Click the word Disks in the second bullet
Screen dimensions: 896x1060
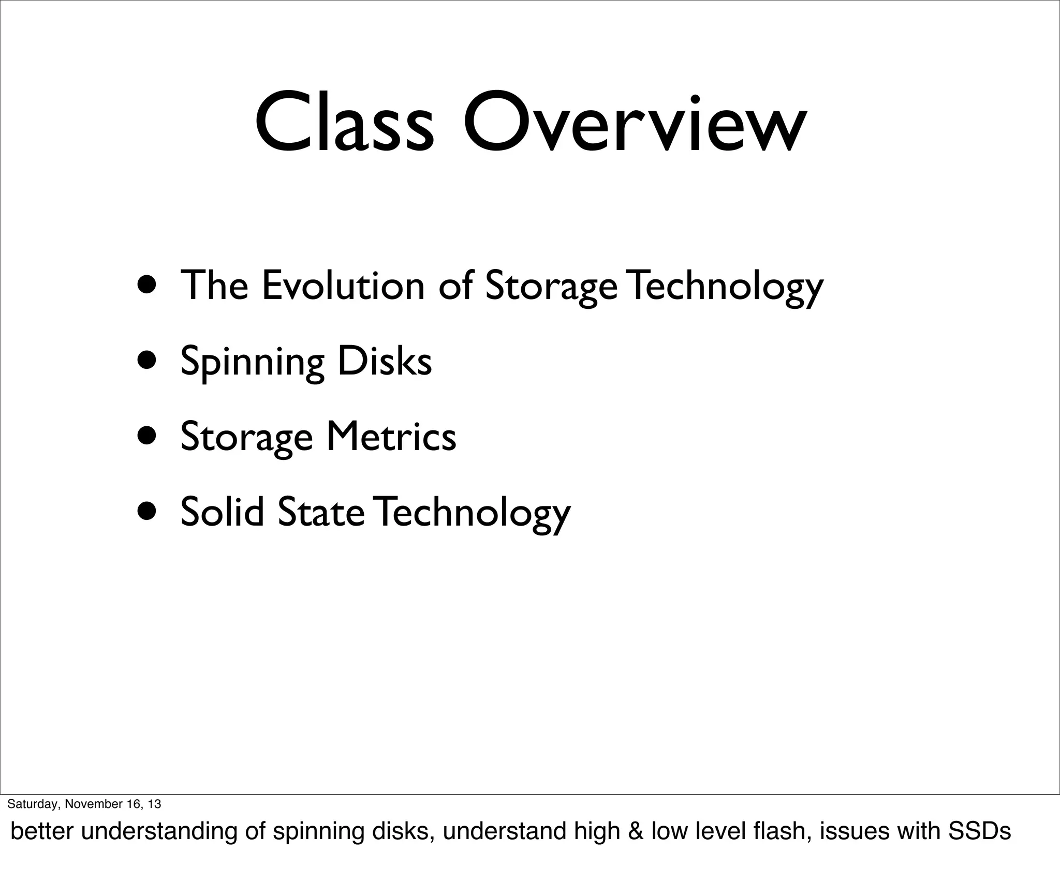pos(385,361)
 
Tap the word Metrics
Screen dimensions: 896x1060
pos(391,436)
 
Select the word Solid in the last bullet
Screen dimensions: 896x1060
pos(222,511)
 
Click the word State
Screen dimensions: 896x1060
pos(321,511)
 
